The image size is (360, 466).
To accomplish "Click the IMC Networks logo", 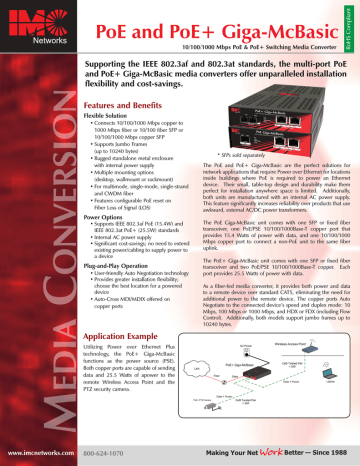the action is pos(23,20).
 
